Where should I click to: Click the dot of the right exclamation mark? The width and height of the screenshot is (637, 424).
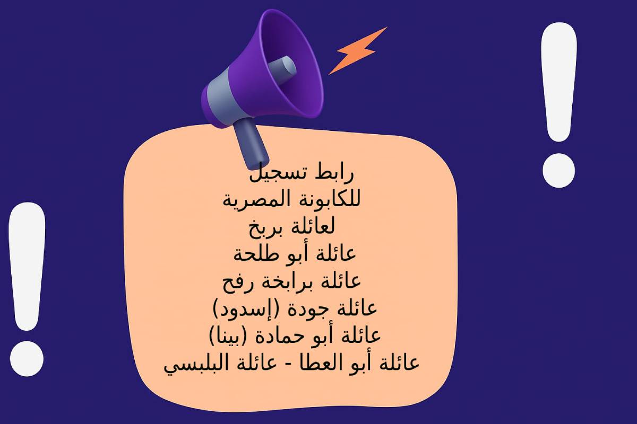pos(559,171)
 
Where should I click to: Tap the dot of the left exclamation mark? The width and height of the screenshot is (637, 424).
pos(27,359)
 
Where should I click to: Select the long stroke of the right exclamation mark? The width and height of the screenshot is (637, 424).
pos(559,82)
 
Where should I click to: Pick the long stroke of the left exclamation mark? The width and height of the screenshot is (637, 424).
pos(27,267)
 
